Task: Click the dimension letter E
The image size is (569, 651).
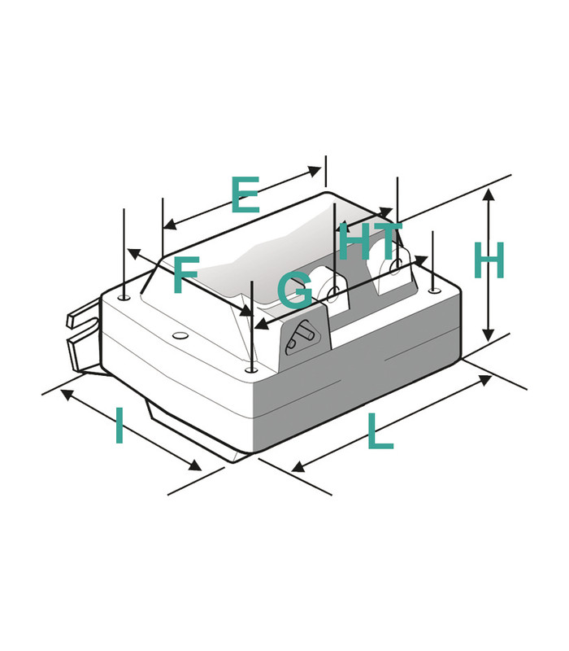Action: (245, 194)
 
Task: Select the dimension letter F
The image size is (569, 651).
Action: (186, 275)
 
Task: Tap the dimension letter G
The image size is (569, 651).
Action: (295, 290)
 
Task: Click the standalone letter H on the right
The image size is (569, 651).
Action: (489, 260)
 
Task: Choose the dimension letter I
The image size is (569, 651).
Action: (119, 425)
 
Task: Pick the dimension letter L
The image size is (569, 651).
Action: (380, 432)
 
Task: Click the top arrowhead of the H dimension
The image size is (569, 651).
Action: (489, 194)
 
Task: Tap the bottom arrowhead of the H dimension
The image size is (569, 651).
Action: (489, 334)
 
